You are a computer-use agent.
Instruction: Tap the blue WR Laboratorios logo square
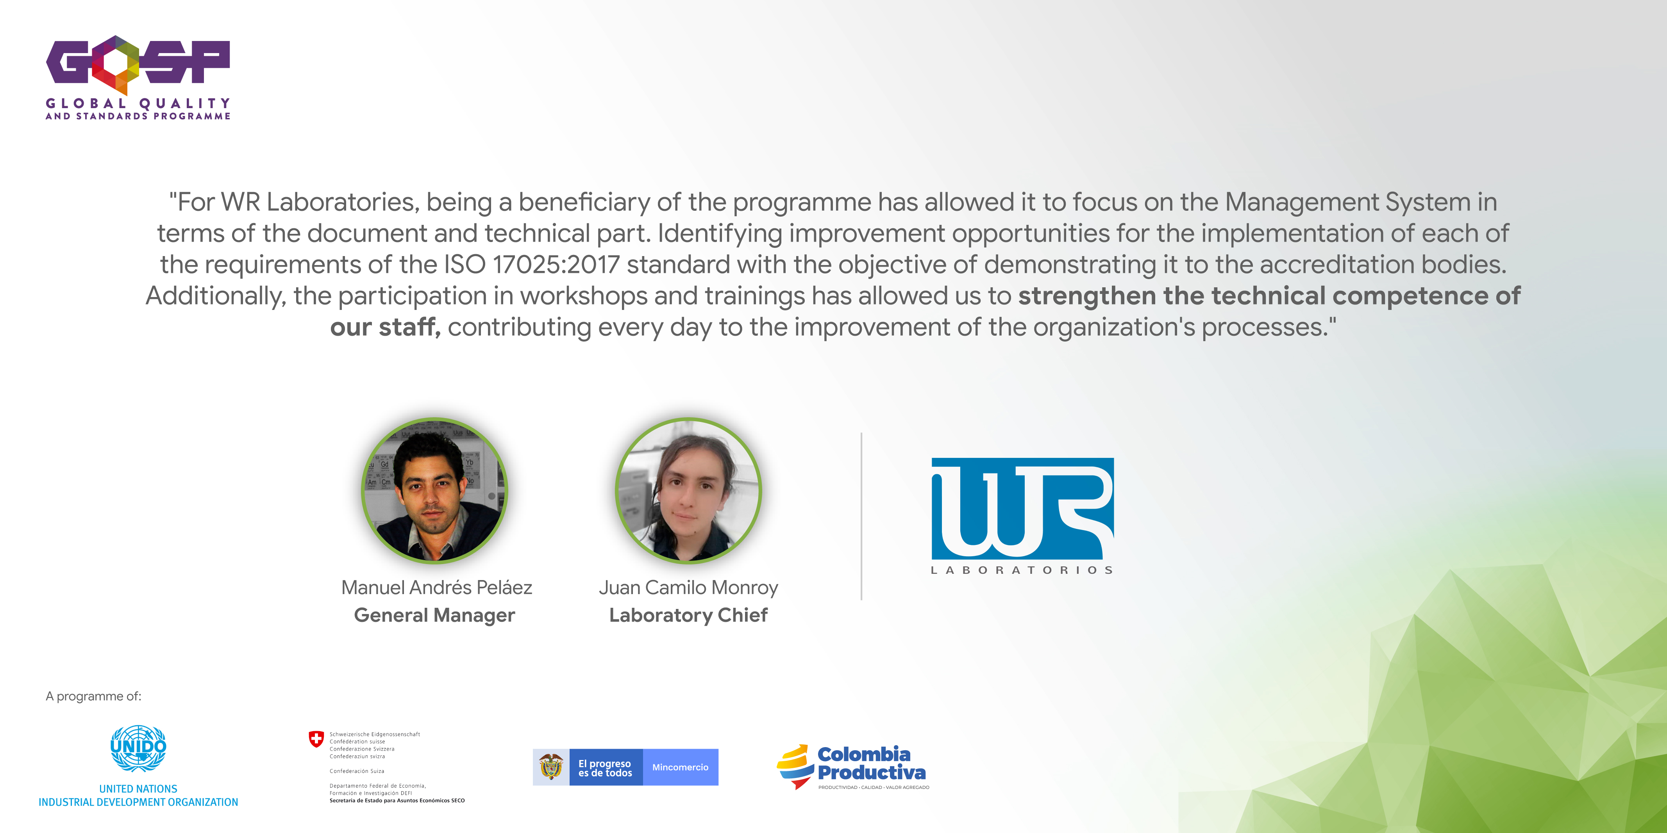click(1022, 508)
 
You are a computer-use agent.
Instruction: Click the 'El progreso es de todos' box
click(606, 768)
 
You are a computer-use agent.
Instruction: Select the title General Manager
click(434, 615)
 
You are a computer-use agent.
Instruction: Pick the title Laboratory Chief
click(688, 615)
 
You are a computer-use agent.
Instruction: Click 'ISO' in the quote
click(464, 265)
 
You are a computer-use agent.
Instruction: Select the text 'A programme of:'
click(93, 696)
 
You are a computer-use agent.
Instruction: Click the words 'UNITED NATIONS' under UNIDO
click(138, 789)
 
